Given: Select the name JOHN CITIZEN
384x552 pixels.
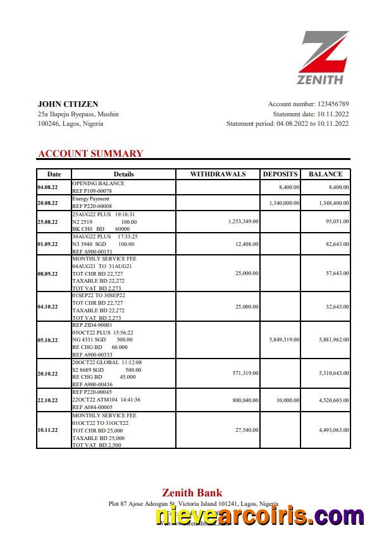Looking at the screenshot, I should tap(68, 104).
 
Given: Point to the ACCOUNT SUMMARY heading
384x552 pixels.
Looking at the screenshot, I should tap(90, 154).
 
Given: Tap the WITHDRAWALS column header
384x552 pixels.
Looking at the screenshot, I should tap(218, 175).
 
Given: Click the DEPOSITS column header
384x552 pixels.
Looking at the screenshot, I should tap(280, 175).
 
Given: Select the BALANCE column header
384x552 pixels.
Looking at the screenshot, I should tap(325, 175).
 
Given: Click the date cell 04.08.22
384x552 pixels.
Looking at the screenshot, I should tap(48, 188).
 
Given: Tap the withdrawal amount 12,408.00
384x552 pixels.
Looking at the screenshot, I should tap(245, 244).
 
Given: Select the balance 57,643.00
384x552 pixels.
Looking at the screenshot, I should tap(335, 274).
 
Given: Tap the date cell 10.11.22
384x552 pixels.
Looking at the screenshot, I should tap(48, 431).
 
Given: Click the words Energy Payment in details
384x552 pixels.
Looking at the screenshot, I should tap(90, 199).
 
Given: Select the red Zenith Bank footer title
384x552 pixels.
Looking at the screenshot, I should tap(192, 493).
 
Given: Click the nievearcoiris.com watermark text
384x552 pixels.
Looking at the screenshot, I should tap(260, 517).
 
